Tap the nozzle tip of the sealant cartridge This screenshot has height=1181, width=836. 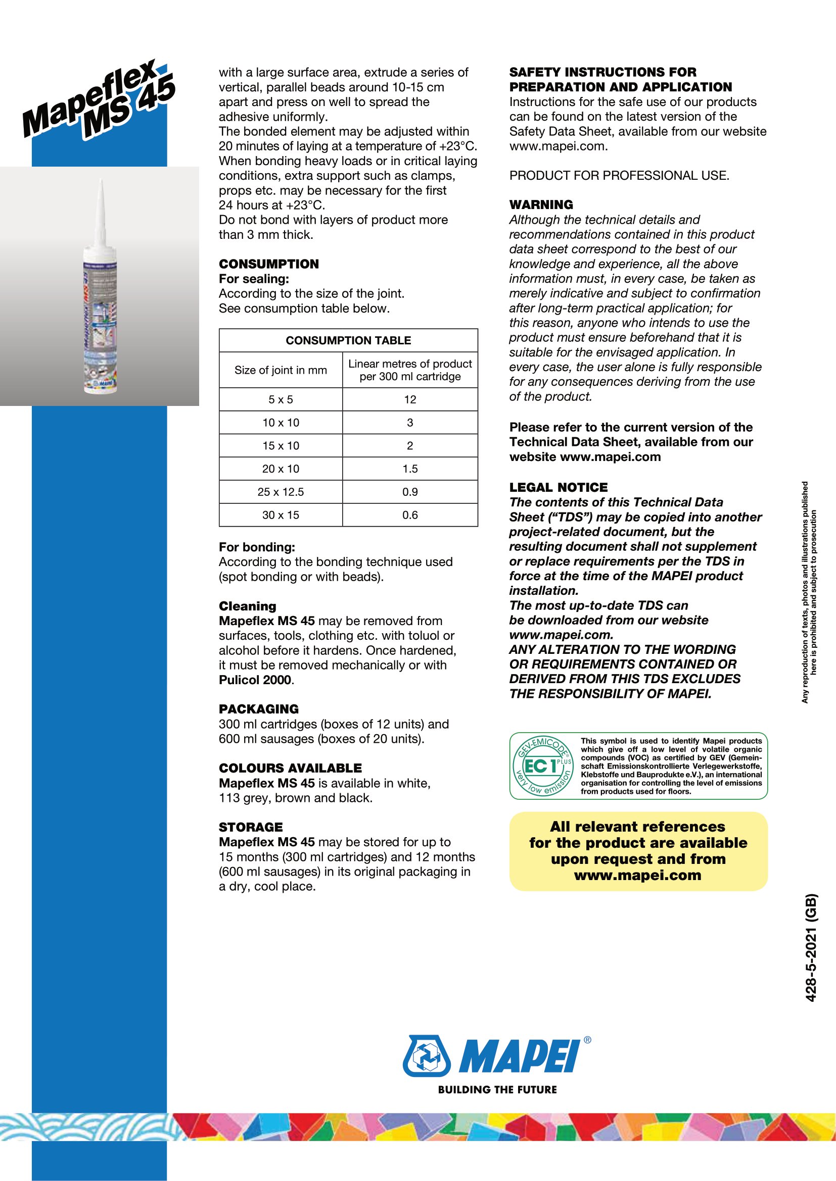pyautogui.click(x=101, y=183)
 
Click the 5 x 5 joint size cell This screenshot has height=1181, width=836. pyautogui.click(x=281, y=400)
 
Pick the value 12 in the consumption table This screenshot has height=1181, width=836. pyautogui.click(x=410, y=400)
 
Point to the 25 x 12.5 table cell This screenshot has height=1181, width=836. pyautogui.click(x=281, y=492)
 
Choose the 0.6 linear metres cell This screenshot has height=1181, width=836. pyautogui.click(x=410, y=516)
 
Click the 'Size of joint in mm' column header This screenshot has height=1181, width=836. pyautogui.click(x=281, y=370)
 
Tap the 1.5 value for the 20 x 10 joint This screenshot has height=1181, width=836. pyautogui.click(x=410, y=469)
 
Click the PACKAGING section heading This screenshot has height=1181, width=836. pyautogui.click(x=258, y=709)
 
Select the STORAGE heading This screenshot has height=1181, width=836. pyautogui.click(x=251, y=828)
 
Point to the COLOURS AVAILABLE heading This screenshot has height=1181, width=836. pyautogui.click(x=290, y=768)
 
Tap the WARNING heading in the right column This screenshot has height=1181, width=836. pyautogui.click(x=541, y=204)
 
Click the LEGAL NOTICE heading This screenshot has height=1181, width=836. pyautogui.click(x=559, y=488)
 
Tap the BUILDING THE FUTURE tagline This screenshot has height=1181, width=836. pyautogui.click(x=497, y=1090)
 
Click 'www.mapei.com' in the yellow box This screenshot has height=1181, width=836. pyautogui.click(x=638, y=876)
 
